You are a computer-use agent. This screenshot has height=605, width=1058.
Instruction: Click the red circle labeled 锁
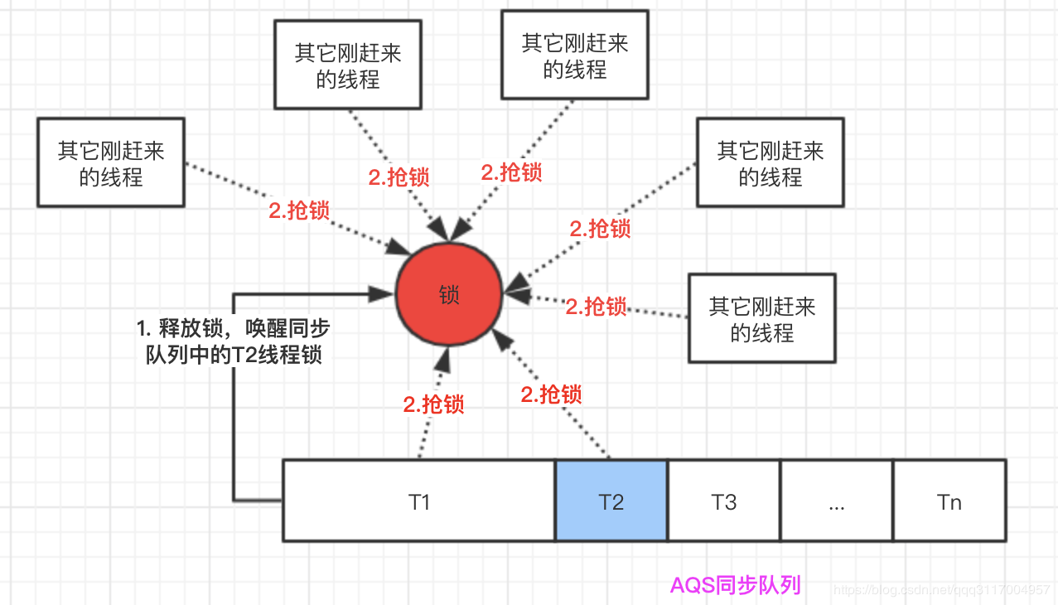[449, 296]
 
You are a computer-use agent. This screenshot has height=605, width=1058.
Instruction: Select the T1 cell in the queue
[418, 501]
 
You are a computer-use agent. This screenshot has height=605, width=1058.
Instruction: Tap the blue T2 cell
[611, 501]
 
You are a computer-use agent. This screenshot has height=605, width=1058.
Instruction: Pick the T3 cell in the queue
[724, 501]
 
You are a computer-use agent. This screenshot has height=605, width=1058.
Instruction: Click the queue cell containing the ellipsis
[836, 501]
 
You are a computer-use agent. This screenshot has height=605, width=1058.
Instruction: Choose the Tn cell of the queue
[949, 501]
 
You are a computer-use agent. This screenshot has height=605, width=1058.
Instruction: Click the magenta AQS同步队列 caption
[735, 585]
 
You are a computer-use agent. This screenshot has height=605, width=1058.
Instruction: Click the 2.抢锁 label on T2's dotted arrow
[551, 394]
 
